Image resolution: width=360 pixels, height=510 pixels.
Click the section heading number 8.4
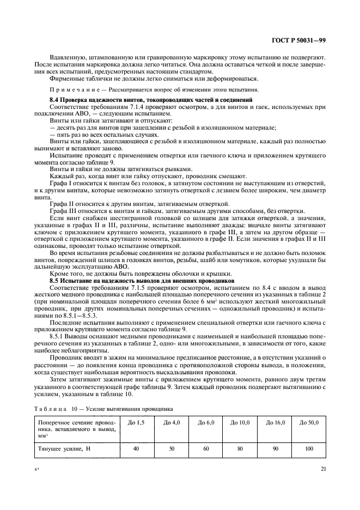coord(55,100)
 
